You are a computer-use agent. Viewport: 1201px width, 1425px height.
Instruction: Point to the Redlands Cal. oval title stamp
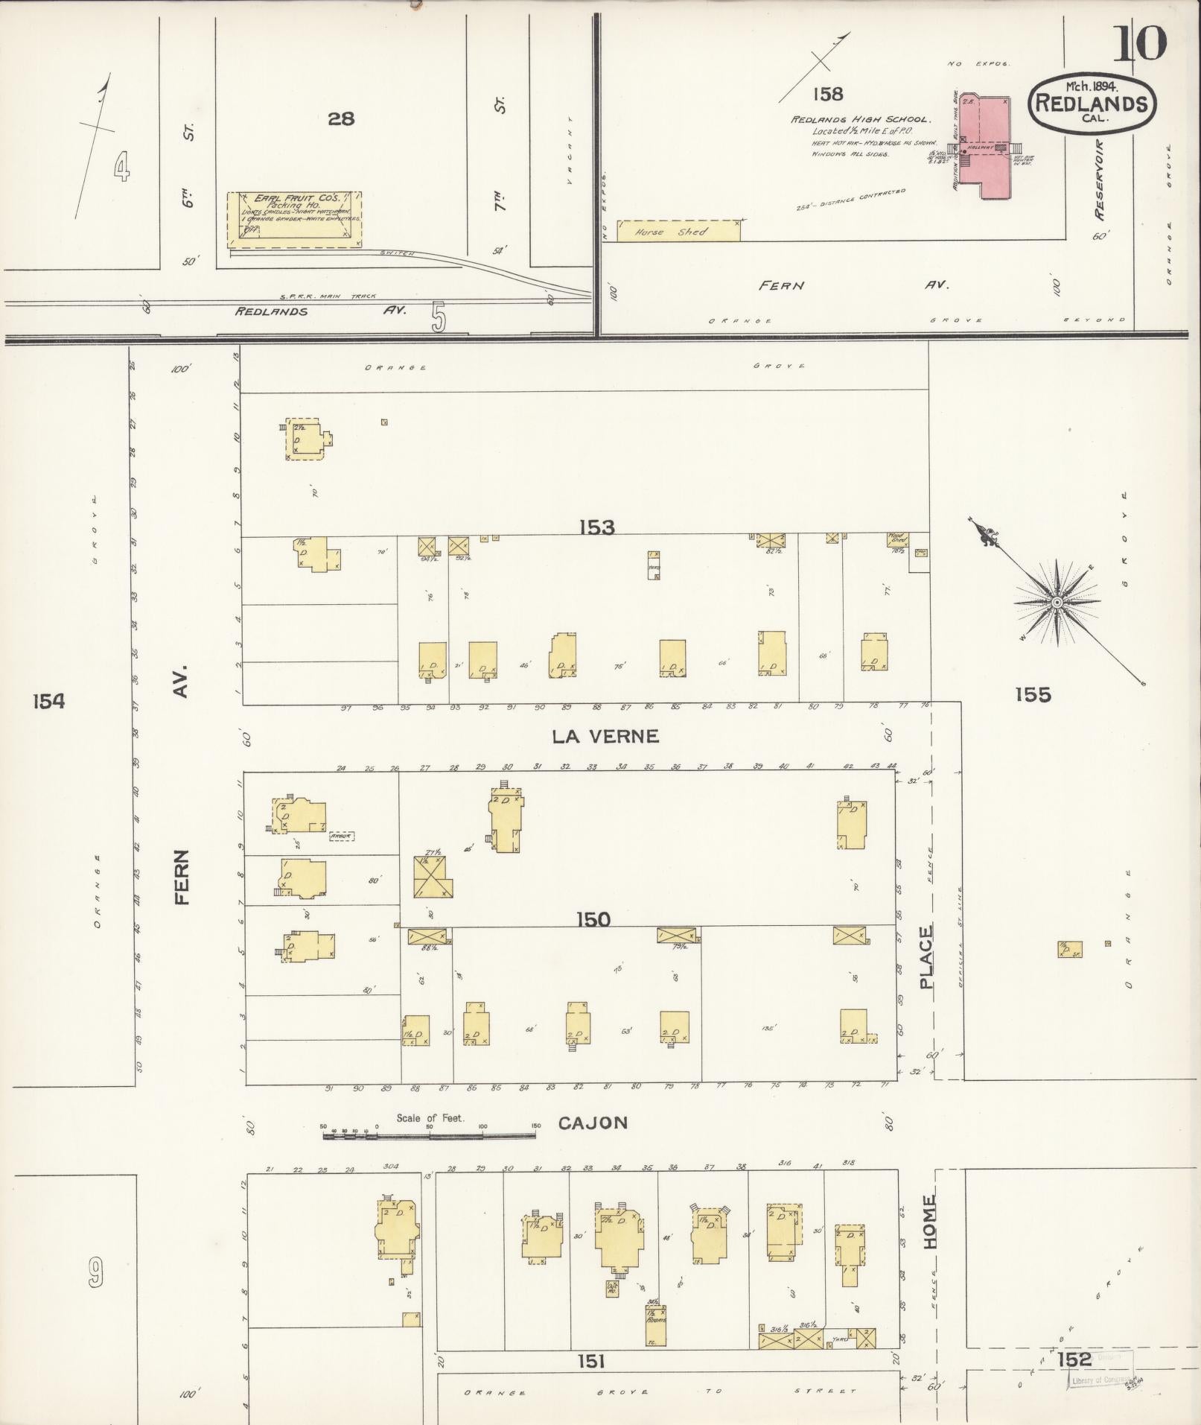tap(1092, 104)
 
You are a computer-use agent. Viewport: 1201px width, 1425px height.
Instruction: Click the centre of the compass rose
tap(1057, 600)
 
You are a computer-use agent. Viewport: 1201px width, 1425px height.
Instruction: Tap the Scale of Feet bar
tap(430, 1156)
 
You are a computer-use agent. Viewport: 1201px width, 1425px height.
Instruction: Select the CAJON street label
tap(593, 1123)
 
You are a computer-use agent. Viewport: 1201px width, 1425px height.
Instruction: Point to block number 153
tap(597, 527)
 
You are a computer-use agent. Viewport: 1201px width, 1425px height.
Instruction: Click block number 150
tap(593, 919)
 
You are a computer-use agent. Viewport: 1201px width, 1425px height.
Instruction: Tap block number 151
tap(590, 1361)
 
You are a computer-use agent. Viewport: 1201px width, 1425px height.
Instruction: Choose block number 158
tap(827, 94)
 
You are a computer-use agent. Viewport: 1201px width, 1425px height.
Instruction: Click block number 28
tap(340, 118)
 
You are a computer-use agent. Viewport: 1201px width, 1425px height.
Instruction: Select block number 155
tap(1033, 694)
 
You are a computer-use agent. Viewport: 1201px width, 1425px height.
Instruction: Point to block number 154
tap(48, 700)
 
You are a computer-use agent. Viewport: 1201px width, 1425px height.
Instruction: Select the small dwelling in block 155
tap(1069, 949)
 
